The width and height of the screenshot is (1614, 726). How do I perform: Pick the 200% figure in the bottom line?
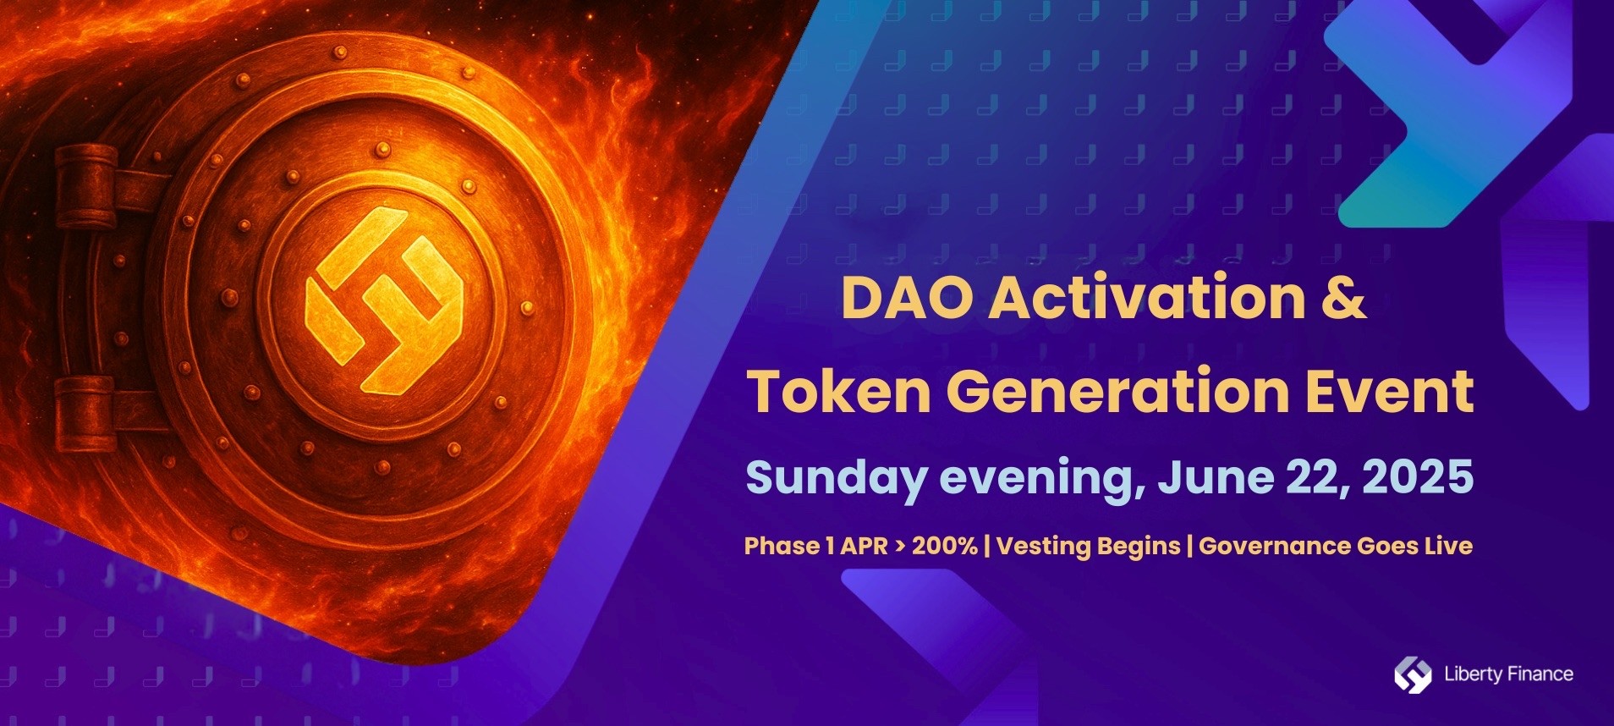(945, 546)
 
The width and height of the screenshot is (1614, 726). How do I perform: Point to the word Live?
(1448, 546)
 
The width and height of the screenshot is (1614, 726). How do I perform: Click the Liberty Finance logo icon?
(1413, 674)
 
